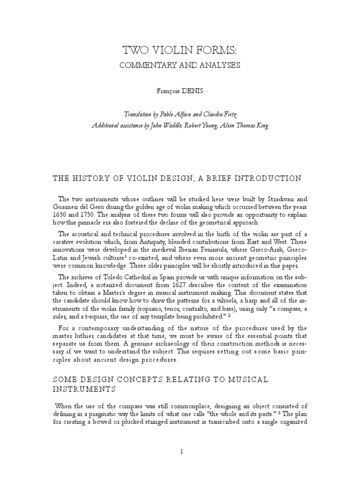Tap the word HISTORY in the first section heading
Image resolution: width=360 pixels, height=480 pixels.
[x=88, y=178]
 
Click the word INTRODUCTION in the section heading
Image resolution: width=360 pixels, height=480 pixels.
[x=267, y=178]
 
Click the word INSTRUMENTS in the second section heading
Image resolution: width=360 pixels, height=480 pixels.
[x=79, y=389]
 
